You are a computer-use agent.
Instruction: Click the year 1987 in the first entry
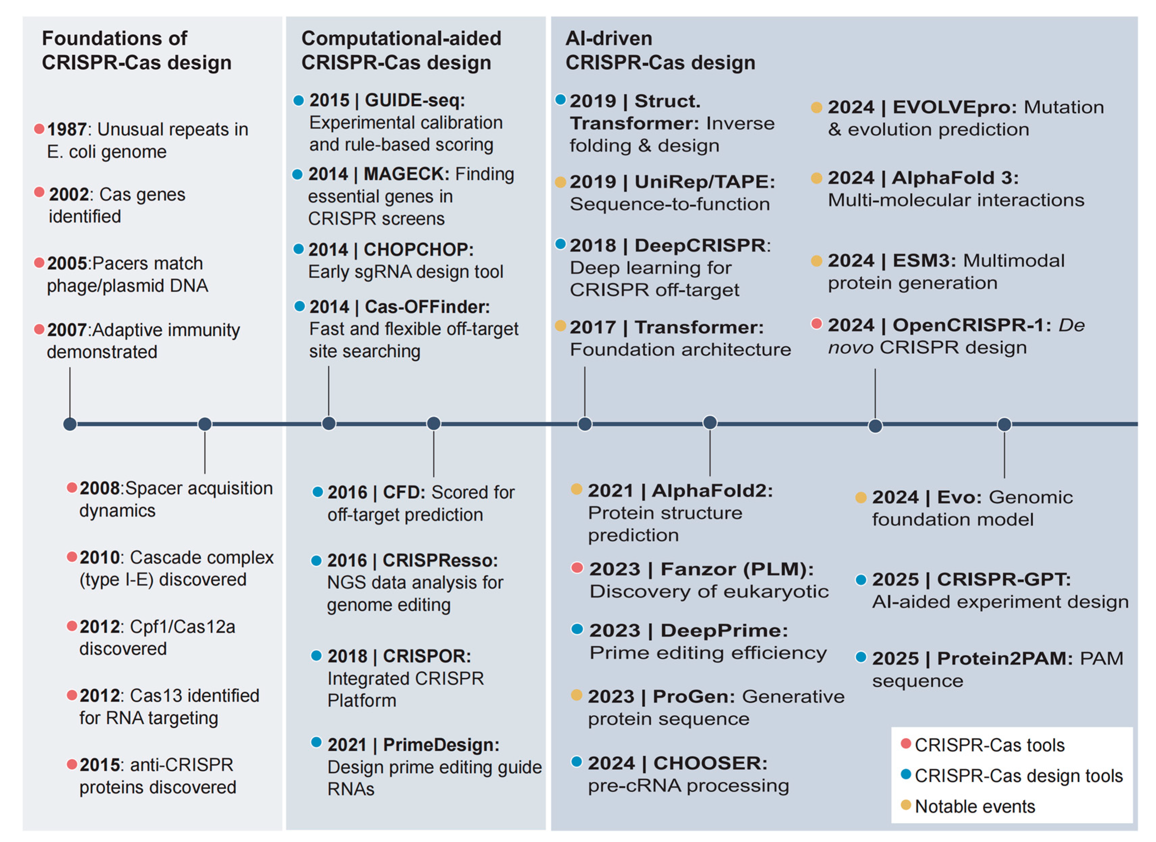point(67,130)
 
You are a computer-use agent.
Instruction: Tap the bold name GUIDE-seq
point(415,101)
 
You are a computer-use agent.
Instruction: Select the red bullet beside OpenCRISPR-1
point(817,323)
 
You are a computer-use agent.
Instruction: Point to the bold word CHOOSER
point(710,763)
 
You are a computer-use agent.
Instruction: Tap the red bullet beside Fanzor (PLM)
point(577,568)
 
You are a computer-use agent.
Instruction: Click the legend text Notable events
point(975,806)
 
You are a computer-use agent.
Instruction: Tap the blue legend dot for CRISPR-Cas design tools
point(906,774)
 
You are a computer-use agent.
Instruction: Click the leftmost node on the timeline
point(70,424)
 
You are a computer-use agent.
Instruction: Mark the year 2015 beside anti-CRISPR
point(100,765)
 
